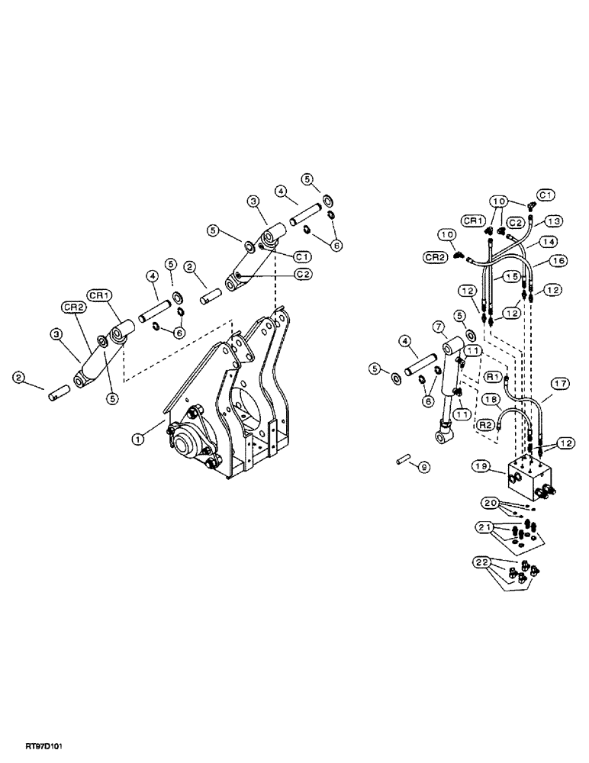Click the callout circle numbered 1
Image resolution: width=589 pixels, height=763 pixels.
click(x=138, y=438)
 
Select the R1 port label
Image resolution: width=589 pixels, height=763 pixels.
click(x=494, y=376)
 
